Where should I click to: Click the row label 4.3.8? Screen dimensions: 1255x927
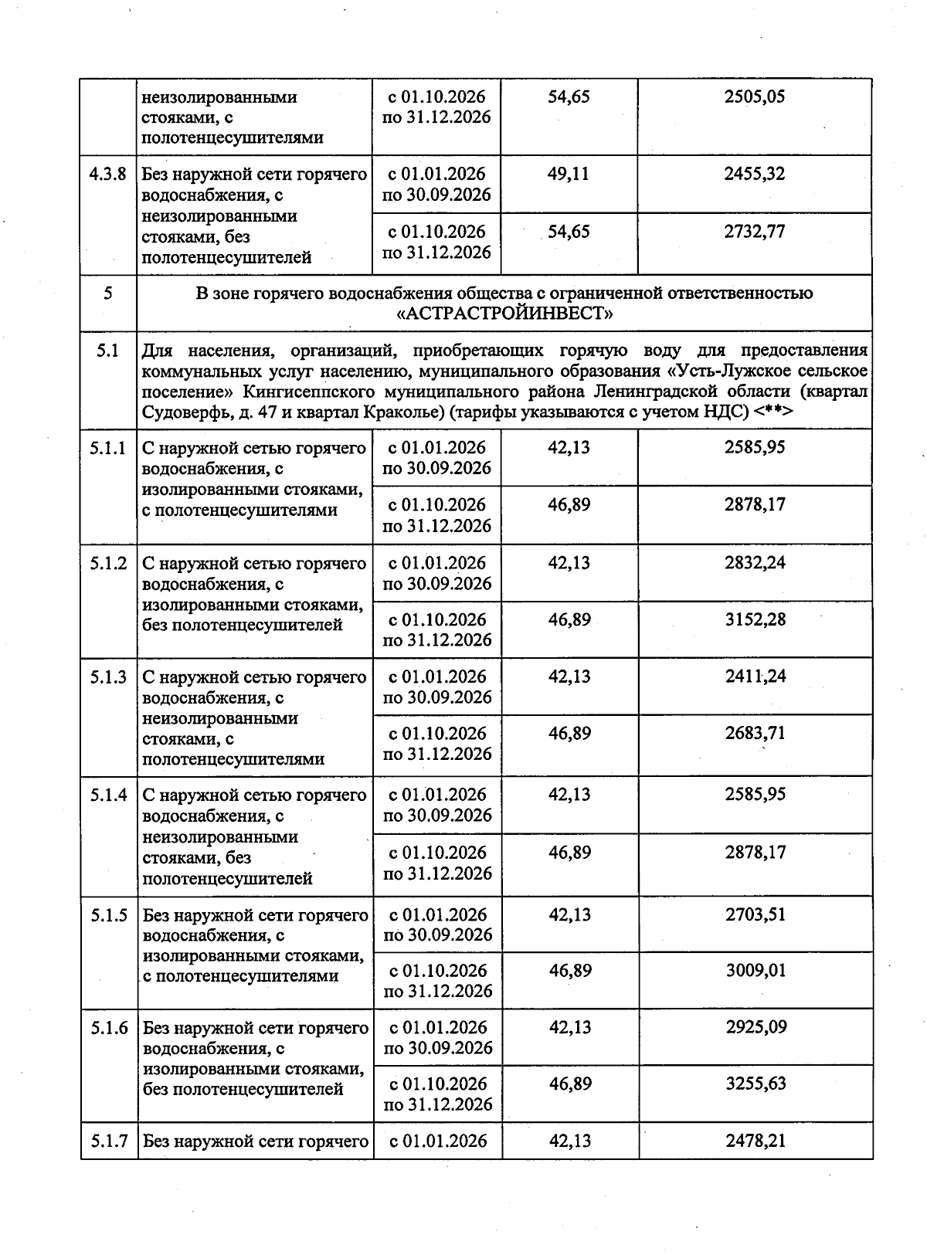click(107, 174)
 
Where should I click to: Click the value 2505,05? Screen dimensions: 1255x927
click(755, 97)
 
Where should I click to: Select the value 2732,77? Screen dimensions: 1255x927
click(755, 232)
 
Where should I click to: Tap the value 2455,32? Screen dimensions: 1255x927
click(755, 174)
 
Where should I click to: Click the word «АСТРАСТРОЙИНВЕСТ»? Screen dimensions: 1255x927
click(504, 314)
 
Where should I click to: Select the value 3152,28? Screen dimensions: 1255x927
click(756, 619)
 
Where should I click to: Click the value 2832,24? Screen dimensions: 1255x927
click(756, 563)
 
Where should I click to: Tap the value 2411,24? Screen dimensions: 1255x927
click(756, 677)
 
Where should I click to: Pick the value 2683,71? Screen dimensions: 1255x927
click(756, 733)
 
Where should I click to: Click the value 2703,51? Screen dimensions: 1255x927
click(756, 914)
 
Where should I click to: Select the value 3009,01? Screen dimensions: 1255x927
click(756, 971)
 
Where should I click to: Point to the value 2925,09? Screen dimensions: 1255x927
click(756, 1027)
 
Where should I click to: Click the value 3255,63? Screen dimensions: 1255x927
click(756, 1084)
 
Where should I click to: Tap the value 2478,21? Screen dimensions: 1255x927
click(756, 1141)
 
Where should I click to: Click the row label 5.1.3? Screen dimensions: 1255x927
click(108, 677)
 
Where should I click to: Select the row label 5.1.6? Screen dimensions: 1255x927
click(108, 1028)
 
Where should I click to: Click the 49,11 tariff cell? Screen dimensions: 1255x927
click(569, 174)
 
